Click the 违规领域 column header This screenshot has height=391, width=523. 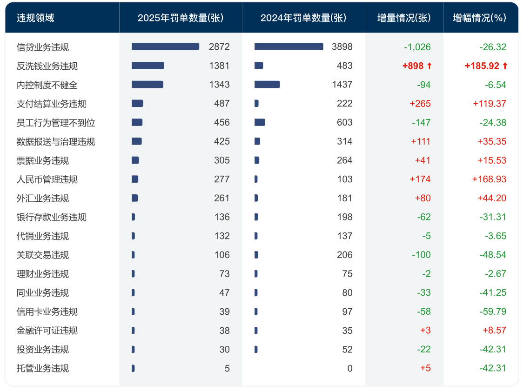pyautogui.click(x=35, y=18)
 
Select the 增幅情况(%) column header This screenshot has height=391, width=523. pyautogui.click(x=479, y=18)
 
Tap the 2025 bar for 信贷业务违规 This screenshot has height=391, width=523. pyautogui.click(x=165, y=46)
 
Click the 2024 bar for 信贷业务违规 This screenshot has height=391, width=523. pyautogui.click(x=288, y=46)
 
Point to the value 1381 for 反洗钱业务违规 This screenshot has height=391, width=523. pyautogui.click(x=219, y=66)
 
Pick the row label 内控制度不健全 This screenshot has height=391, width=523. pyautogui.click(x=47, y=85)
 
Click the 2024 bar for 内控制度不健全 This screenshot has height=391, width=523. pyautogui.click(x=267, y=85)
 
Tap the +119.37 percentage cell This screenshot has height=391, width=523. pyautogui.click(x=489, y=104)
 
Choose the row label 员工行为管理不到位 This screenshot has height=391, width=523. pyautogui.click(x=55, y=123)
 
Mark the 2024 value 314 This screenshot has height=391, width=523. pyautogui.click(x=345, y=141)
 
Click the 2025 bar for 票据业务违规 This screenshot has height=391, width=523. pyautogui.click(x=135, y=160)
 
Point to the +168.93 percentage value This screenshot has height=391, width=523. pyautogui.click(x=489, y=179)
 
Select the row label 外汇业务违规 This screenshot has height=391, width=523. pyautogui.click(x=43, y=198)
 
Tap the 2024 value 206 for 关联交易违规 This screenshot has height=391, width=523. pyautogui.click(x=345, y=255)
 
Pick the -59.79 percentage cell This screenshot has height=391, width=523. pyautogui.click(x=493, y=311)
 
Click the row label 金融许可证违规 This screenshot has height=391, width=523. pyautogui.click(x=47, y=331)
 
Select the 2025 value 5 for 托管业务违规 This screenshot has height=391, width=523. pyautogui.click(x=227, y=368)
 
